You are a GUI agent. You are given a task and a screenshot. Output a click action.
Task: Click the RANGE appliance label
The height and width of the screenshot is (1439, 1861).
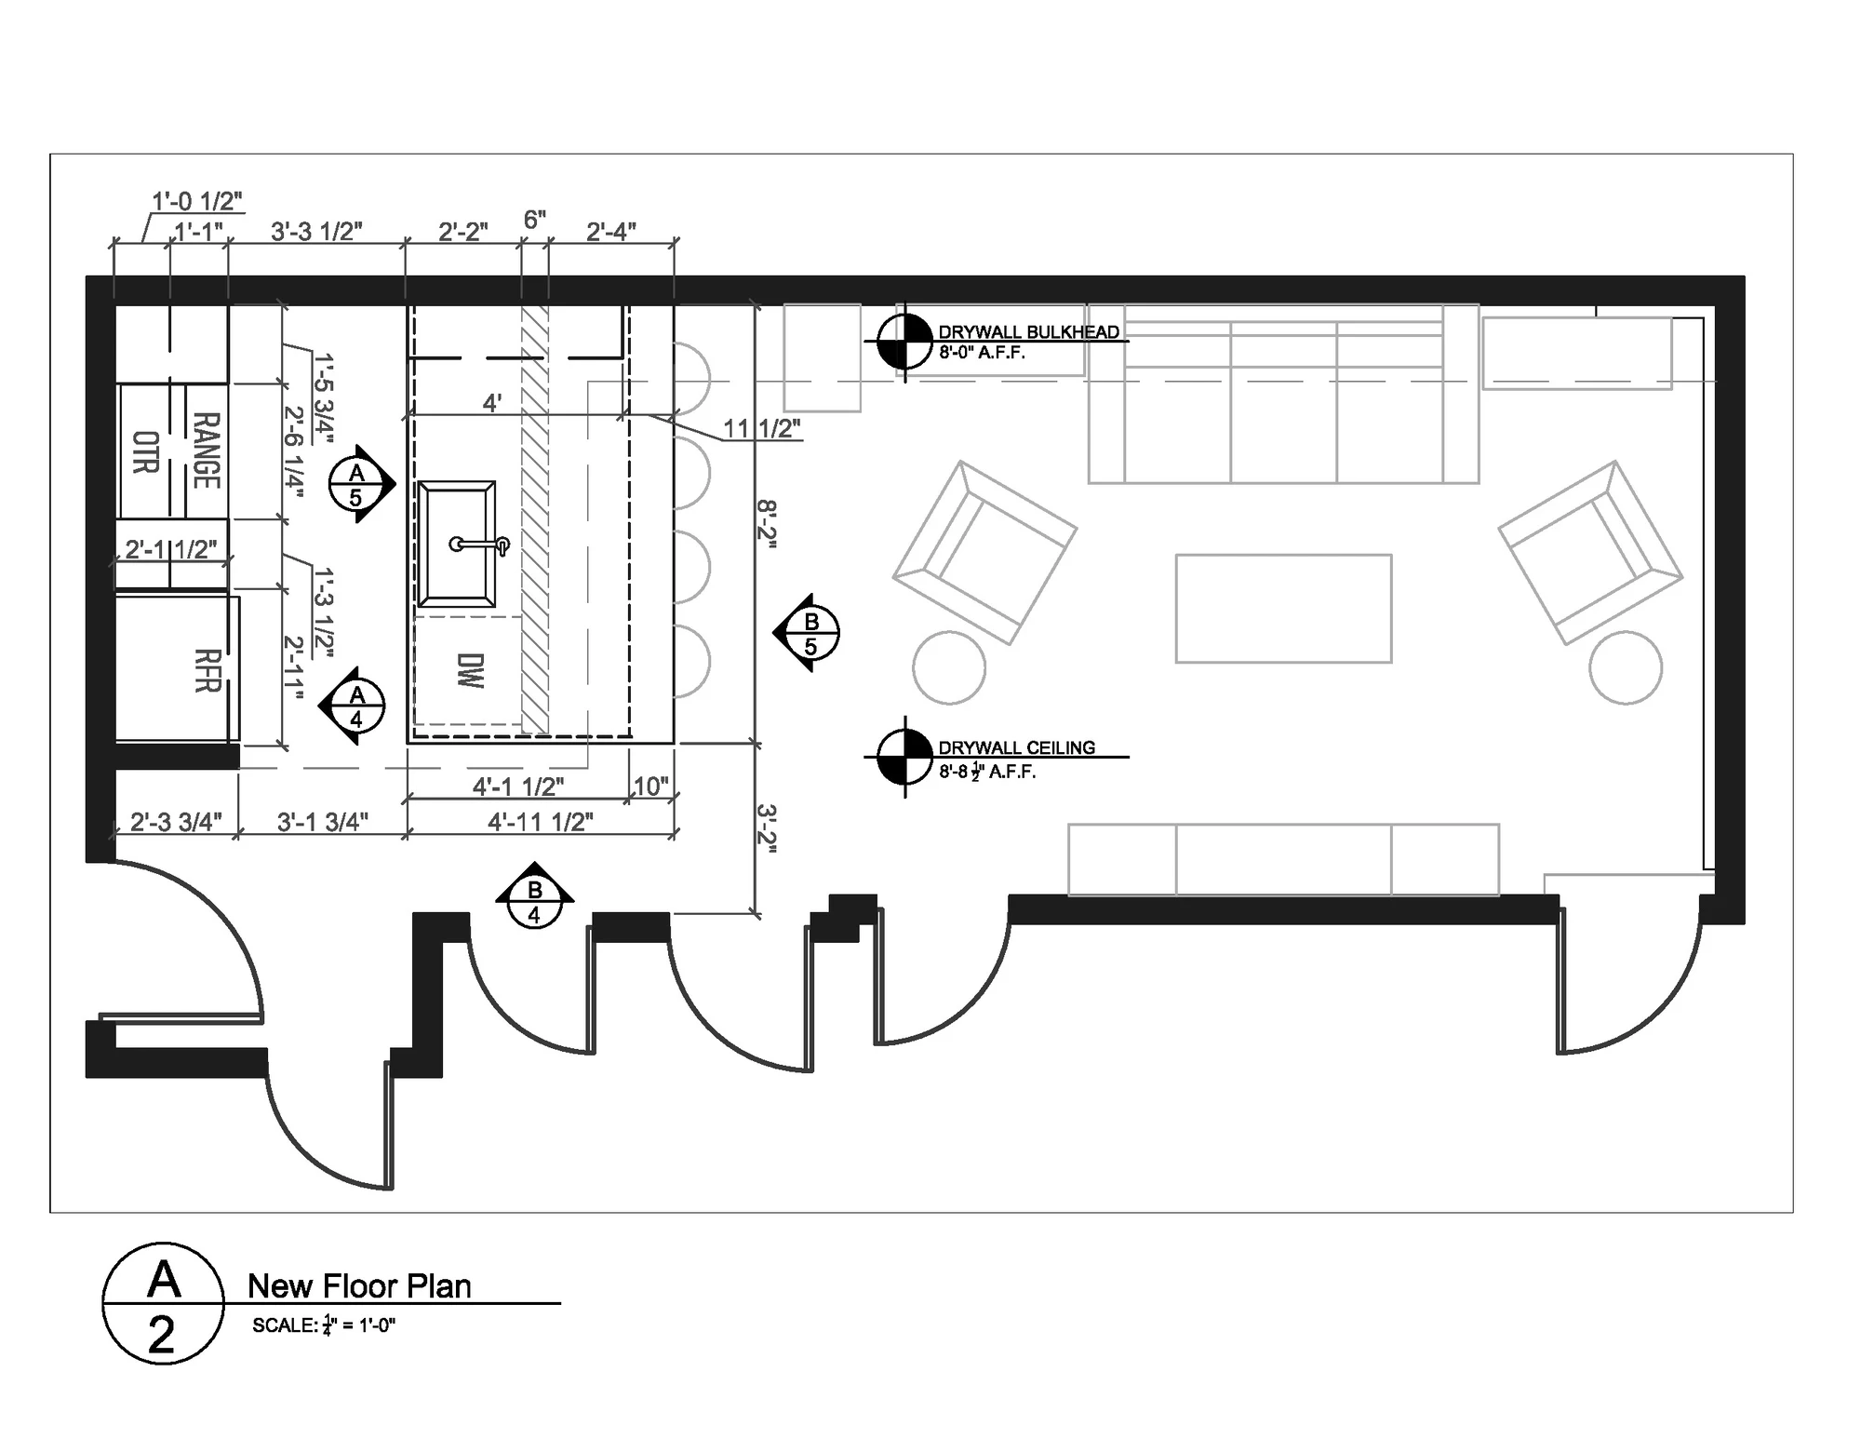pyautogui.click(x=207, y=451)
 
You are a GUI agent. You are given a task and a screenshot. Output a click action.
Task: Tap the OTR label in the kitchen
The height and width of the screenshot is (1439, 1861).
pyautogui.click(x=146, y=452)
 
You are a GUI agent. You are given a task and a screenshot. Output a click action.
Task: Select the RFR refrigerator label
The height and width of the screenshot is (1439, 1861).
pyautogui.click(x=207, y=670)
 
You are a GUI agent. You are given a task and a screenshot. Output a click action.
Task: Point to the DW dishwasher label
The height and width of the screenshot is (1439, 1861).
pyautogui.click(x=472, y=670)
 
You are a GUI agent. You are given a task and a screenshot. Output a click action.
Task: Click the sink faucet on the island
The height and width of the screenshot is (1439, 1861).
pyautogui.click(x=480, y=545)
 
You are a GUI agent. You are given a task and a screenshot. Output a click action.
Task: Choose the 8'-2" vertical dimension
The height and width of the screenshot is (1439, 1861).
pyautogui.click(x=768, y=524)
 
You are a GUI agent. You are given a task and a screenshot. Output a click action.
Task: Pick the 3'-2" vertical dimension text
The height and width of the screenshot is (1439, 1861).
pyautogui.click(x=768, y=828)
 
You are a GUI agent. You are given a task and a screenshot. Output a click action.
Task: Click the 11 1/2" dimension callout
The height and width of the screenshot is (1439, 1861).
pyautogui.click(x=762, y=428)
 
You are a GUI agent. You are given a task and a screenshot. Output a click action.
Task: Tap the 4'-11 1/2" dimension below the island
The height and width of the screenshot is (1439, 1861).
pyautogui.click(x=541, y=821)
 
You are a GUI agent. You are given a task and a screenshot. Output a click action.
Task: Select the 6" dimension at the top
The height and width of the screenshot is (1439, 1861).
pyautogui.click(x=534, y=220)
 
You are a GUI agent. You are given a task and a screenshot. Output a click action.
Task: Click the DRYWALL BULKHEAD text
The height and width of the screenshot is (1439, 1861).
pyautogui.click(x=1028, y=331)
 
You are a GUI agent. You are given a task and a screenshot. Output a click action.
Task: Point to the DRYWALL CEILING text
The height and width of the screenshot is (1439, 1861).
pyautogui.click(x=1016, y=747)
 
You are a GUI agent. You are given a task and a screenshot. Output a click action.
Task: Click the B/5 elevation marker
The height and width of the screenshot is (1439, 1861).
pyautogui.click(x=807, y=633)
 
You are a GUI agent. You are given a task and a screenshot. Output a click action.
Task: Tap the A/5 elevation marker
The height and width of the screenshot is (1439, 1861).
pyautogui.click(x=362, y=484)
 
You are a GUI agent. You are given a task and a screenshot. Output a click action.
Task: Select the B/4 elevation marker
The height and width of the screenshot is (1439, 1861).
pyautogui.click(x=534, y=896)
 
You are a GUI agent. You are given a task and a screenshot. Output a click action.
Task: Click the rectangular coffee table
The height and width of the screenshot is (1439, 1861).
pyautogui.click(x=1283, y=609)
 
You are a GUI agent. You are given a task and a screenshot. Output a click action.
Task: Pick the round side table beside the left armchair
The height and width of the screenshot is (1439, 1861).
pyautogui.click(x=949, y=667)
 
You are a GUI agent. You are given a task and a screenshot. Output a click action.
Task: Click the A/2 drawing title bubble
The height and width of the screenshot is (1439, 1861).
pyautogui.click(x=163, y=1303)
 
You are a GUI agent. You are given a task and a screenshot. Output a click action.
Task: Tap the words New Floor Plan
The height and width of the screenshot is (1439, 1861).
pyautogui.click(x=359, y=1285)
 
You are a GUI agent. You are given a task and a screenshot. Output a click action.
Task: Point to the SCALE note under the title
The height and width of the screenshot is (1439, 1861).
pyautogui.click(x=324, y=1325)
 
